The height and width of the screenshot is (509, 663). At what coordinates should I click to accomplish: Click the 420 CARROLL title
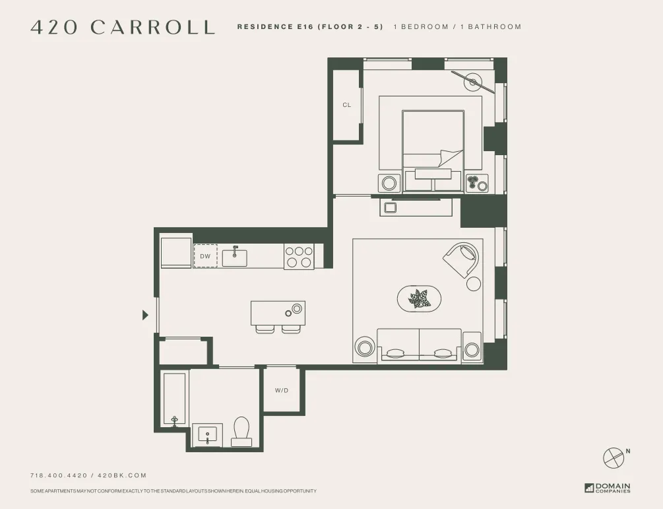[x=123, y=27]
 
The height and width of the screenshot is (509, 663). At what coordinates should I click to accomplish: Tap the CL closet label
[x=346, y=105]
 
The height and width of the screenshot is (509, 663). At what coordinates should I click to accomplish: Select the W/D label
[x=282, y=391]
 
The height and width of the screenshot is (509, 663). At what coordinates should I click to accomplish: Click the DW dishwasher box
[x=205, y=256]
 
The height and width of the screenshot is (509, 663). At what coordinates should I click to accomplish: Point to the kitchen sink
[x=234, y=256]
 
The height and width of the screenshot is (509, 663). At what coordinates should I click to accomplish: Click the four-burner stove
[x=298, y=257]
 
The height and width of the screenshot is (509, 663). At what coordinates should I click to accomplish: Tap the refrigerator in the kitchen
[x=176, y=253]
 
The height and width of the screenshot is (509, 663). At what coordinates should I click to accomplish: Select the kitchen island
[x=278, y=312]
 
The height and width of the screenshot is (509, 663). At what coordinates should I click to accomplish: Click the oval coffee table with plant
[x=418, y=299]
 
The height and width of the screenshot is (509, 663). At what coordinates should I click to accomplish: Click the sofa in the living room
[x=419, y=345]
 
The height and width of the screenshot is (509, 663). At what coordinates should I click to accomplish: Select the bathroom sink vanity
[x=207, y=436]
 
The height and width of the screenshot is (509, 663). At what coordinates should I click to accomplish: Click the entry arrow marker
[x=145, y=315]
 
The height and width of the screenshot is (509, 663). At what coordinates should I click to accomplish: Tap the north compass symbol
[x=613, y=458]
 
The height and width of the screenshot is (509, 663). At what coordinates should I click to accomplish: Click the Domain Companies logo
[x=608, y=488]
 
